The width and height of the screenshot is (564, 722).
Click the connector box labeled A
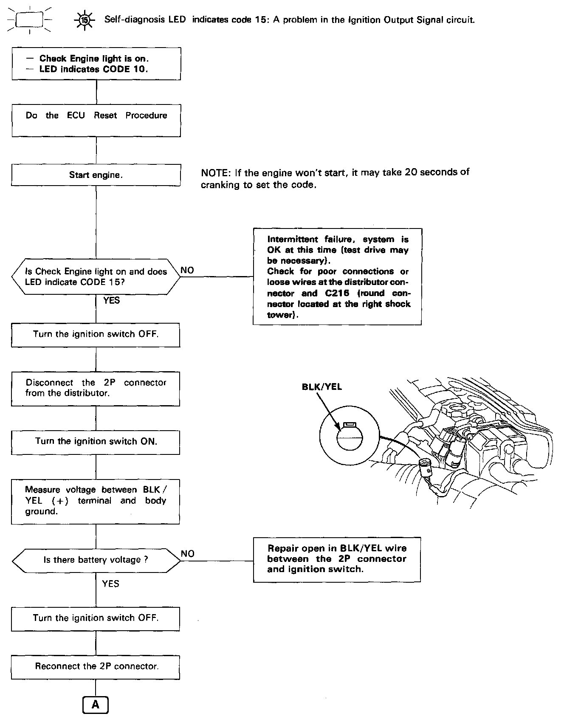[96, 705]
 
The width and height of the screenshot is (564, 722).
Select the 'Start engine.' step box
[96, 175]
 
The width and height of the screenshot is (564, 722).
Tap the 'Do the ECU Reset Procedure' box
[96, 120]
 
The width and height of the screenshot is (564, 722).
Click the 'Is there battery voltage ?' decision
[96, 560]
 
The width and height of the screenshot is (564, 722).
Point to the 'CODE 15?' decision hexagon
[96, 276]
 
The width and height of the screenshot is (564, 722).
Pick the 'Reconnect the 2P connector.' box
[96, 667]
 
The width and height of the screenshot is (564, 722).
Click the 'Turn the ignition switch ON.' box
[96, 442]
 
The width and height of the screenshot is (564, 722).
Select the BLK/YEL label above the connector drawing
[321, 387]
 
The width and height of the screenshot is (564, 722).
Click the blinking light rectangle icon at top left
[29, 20]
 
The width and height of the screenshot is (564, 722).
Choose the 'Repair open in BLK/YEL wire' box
[337, 559]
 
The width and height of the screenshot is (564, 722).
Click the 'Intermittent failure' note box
[337, 276]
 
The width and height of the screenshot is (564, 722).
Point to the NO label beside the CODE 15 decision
[187, 271]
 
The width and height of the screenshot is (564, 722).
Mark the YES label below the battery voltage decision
[111, 584]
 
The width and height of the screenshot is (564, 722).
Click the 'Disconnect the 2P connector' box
[96, 388]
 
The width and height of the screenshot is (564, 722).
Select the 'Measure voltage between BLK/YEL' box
[96, 501]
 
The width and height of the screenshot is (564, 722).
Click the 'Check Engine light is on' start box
[96, 64]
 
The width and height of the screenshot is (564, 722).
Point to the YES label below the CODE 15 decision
[111, 301]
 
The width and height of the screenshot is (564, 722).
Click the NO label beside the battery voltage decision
[187, 554]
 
